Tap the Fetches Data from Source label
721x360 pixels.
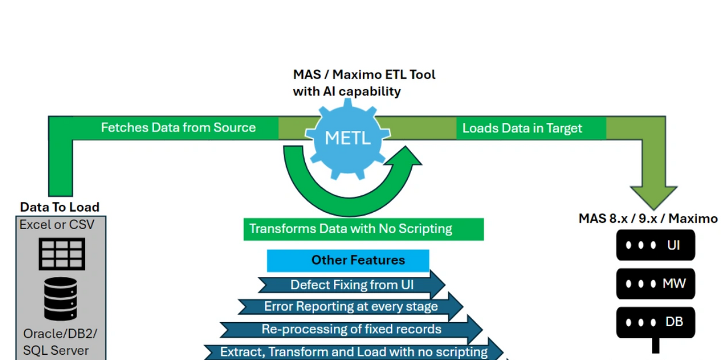click(179, 127)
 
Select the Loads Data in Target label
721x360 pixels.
click(522, 128)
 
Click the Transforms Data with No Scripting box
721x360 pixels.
click(364, 229)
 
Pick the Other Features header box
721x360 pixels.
click(348, 260)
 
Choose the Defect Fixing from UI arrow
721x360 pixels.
click(352, 285)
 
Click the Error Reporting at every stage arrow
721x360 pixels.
click(351, 306)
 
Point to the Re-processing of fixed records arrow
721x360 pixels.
click(351, 329)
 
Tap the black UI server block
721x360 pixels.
click(656, 245)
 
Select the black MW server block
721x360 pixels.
click(656, 284)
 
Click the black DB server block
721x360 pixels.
click(656, 322)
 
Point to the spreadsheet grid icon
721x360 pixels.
click(62, 254)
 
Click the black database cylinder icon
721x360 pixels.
click(60, 299)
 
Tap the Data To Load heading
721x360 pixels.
click(59, 207)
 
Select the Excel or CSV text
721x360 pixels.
click(56, 224)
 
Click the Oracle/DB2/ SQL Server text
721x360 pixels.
click(60, 342)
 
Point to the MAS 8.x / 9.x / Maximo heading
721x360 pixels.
click(648, 219)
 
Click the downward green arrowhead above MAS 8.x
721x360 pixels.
click(654, 198)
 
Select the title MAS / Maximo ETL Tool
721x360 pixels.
click(364, 74)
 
